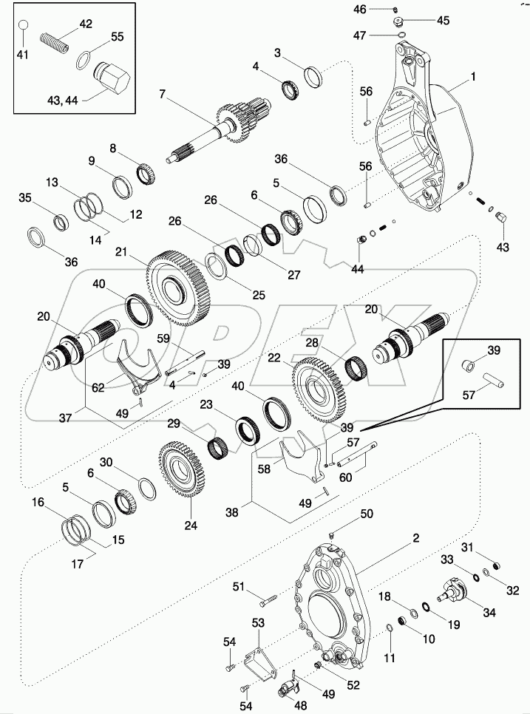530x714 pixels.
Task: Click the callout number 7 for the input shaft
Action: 162,95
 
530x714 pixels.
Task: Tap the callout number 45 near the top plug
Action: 443,20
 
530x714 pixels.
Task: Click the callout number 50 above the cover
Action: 367,514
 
